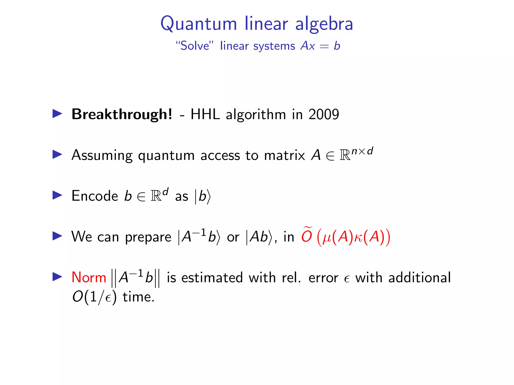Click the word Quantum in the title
tap(199, 24)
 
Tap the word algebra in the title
tap(324, 24)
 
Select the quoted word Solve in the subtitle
tap(195, 46)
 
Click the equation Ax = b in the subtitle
tap(320, 46)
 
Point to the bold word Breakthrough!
tap(122, 114)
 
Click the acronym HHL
tap(205, 114)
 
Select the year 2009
tap(324, 114)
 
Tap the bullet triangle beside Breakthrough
tap(57, 114)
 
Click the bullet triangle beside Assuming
tap(57, 154)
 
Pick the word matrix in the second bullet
tap(284, 155)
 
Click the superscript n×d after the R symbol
tap(362, 151)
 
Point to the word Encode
tap(95, 196)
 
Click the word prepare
tap(148, 237)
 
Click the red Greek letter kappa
tap(358, 237)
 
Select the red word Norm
tap(89, 277)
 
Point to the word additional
tap(419, 277)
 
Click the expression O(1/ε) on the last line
tap(94, 297)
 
